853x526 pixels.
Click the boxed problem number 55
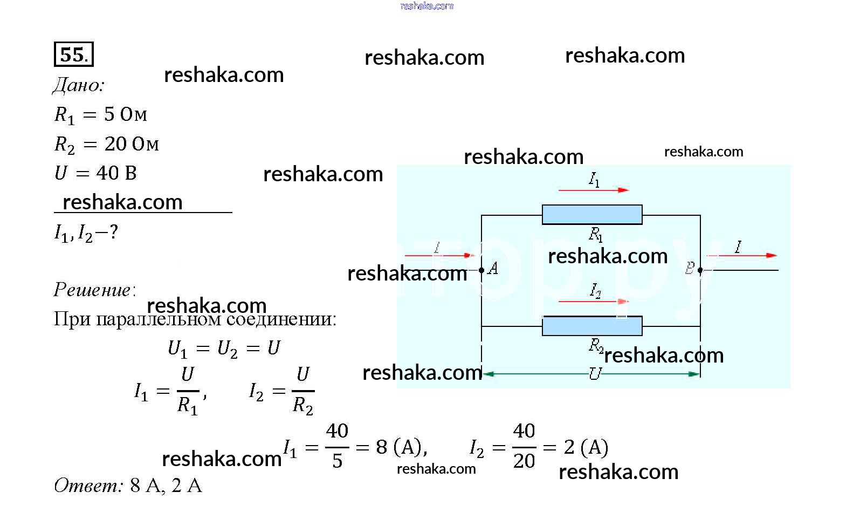click(x=73, y=54)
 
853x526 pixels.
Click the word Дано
click(x=78, y=85)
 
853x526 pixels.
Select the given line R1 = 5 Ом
click(x=100, y=114)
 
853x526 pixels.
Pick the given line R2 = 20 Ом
click(x=106, y=144)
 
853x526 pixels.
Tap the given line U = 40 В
click(x=95, y=173)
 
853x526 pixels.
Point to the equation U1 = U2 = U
click(x=224, y=349)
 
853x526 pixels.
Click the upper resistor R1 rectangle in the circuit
click(x=591, y=214)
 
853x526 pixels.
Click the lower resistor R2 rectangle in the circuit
click(x=591, y=326)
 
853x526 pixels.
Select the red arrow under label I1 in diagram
click(x=593, y=190)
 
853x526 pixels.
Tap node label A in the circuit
click(x=492, y=268)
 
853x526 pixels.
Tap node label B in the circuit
click(x=690, y=268)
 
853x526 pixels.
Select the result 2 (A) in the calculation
click(x=586, y=447)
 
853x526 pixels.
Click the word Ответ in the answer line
click(x=88, y=486)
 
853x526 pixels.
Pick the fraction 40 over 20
click(x=524, y=446)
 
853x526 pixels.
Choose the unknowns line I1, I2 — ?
click(x=86, y=233)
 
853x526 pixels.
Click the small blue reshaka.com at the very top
click(x=426, y=6)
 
